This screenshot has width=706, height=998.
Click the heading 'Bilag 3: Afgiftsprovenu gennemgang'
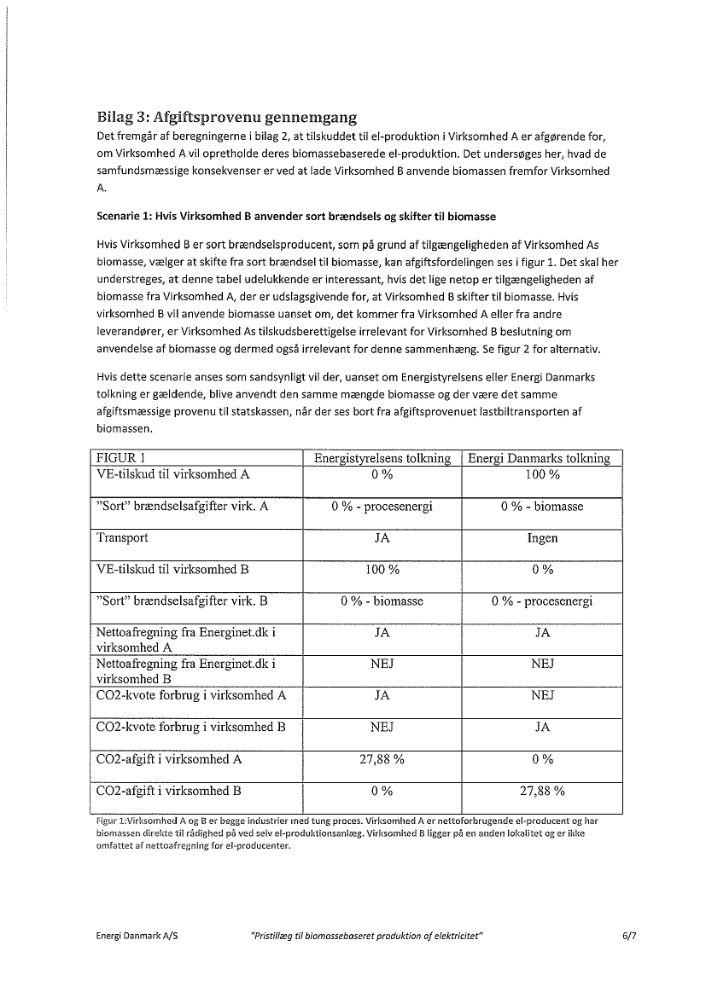[x=226, y=118]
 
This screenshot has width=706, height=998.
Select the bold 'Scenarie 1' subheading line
[x=296, y=217]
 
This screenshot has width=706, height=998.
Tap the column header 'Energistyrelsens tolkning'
[x=382, y=458]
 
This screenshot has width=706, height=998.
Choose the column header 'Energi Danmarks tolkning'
[x=540, y=458]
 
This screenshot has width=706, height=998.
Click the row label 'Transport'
[x=122, y=537]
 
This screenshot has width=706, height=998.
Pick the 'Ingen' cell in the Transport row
[x=542, y=538]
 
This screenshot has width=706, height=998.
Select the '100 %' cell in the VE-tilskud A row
[x=542, y=475]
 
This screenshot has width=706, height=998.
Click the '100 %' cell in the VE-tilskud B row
[x=382, y=570]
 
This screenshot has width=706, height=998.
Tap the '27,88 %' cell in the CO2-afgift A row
[x=382, y=759]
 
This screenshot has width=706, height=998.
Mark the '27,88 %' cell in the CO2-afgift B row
[x=542, y=791]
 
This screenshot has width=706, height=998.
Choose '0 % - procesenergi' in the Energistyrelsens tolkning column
[x=382, y=507]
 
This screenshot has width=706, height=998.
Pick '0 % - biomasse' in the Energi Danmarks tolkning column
[x=542, y=507]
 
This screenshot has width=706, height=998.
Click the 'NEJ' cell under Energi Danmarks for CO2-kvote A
[x=542, y=695]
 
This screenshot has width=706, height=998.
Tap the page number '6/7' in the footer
[x=630, y=936]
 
